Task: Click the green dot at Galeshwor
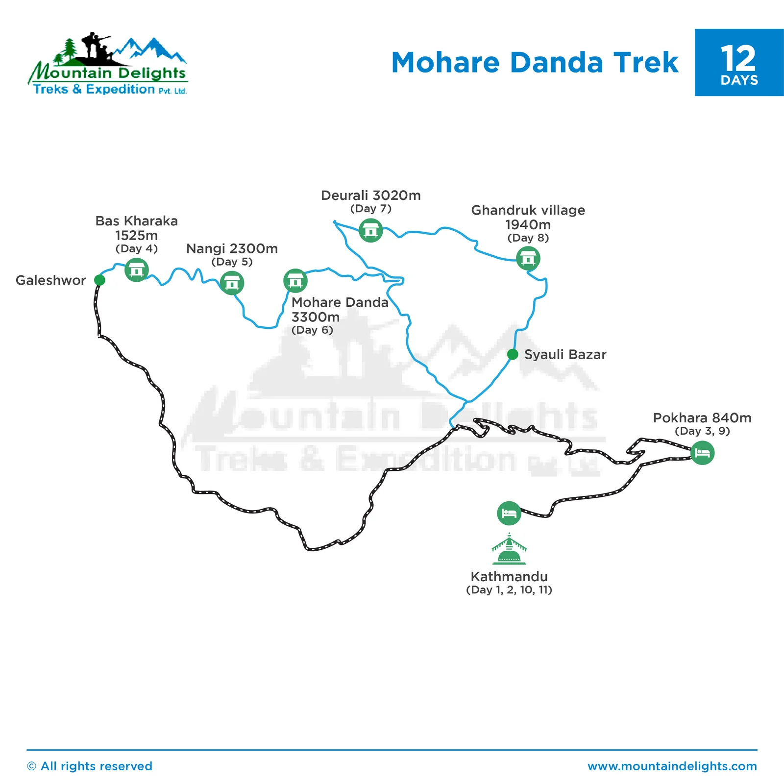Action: point(99,280)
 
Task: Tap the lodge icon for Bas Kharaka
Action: point(136,269)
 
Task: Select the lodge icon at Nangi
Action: point(232,283)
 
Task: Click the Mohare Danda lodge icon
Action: point(295,281)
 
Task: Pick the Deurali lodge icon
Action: point(370,230)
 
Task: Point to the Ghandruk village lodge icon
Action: point(528,258)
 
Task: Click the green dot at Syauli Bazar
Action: point(513,354)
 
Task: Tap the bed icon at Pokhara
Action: point(702,453)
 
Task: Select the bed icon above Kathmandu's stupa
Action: point(509,514)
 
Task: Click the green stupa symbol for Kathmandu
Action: point(509,550)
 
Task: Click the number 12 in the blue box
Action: point(738,59)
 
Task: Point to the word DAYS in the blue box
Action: point(739,80)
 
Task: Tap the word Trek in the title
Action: point(646,63)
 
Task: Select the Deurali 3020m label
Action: point(370,196)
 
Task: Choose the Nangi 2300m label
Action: point(232,248)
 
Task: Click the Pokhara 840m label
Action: point(702,418)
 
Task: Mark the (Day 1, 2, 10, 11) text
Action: point(509,589)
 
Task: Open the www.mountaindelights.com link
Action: point(672,766)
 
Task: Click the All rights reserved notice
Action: point(90,766)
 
